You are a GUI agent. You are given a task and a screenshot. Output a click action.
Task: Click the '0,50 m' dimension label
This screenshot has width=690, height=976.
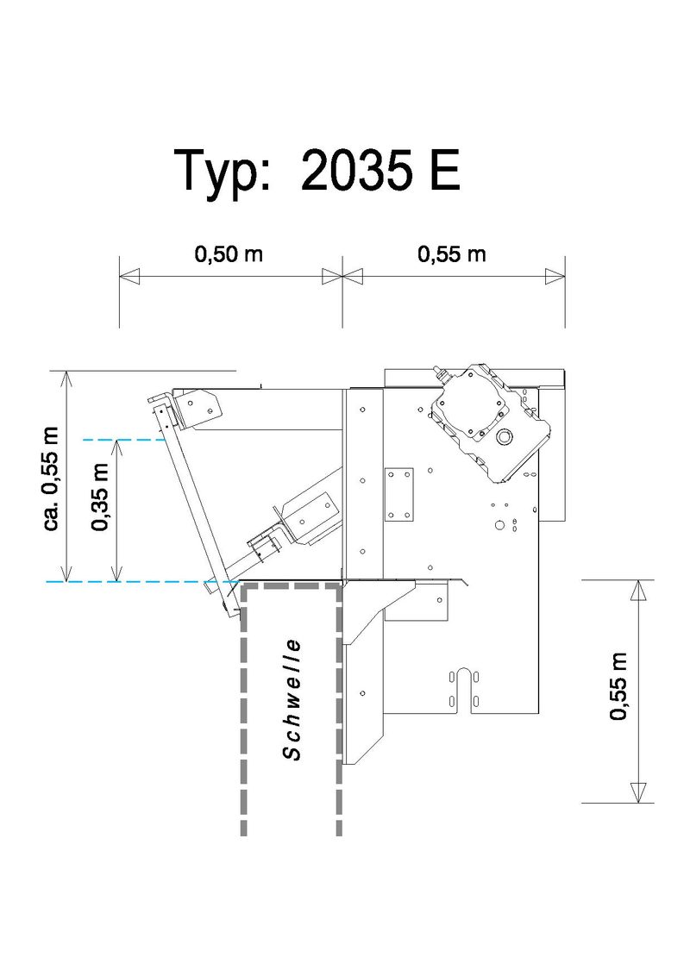[229, 254]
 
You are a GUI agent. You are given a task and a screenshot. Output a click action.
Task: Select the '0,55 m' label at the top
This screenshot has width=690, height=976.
[451, 254]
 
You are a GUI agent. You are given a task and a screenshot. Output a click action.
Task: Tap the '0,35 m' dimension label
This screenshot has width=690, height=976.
[100, 497]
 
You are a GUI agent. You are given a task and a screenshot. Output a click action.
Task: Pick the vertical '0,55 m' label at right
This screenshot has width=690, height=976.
[618, 686]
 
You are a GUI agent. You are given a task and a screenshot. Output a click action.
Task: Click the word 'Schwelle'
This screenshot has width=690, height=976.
[292, 699]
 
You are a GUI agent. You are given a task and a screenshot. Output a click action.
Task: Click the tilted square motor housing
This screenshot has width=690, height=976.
[490, 423]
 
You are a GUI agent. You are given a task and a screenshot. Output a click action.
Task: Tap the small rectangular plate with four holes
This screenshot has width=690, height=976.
[398, 494]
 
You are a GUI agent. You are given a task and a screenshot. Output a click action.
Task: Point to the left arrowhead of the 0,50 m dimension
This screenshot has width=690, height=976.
[129, 277]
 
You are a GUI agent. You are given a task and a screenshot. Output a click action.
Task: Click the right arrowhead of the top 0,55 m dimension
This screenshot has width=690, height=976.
[555, 277]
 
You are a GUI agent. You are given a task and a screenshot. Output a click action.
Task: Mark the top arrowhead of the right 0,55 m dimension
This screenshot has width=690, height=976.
[638, 590]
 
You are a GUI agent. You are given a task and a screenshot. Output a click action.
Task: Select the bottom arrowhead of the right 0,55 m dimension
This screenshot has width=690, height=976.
[638, 792]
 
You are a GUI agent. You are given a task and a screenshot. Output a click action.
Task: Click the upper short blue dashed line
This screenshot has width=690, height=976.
[124, 440]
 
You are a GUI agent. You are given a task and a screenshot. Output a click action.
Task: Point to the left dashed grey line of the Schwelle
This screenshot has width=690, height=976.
[243, 710]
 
